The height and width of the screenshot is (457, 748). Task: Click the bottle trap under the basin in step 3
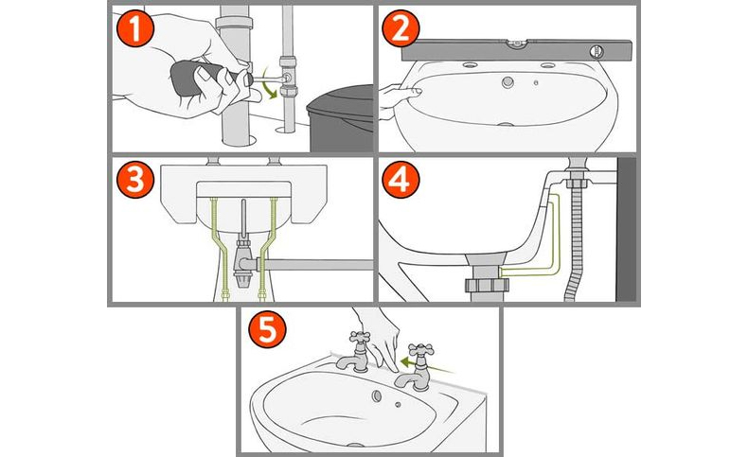coord(244,270)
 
